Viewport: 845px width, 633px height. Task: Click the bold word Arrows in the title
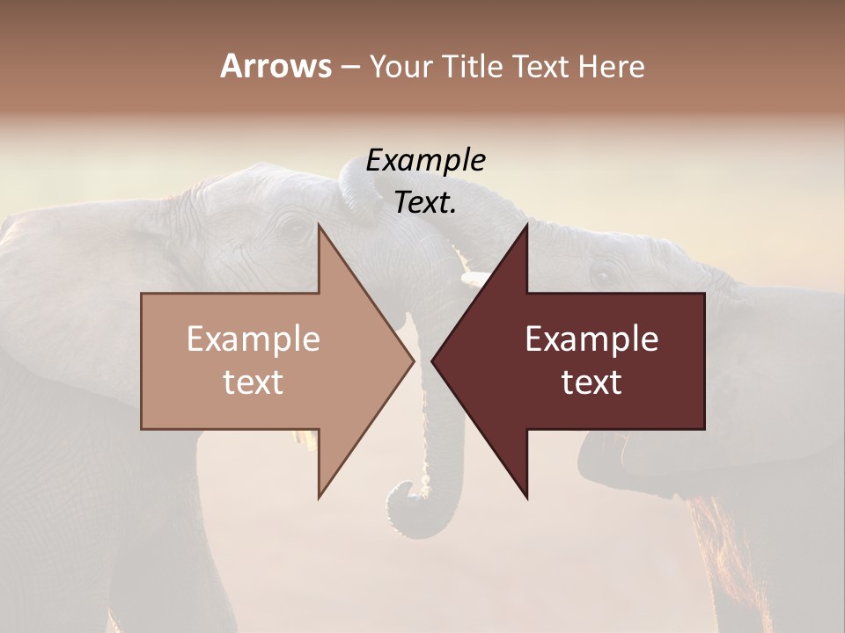(276, 66)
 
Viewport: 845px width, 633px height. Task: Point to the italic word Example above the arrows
(425, 161)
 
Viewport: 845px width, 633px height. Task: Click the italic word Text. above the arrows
(425, 203)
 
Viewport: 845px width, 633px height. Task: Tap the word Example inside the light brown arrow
(253, 339)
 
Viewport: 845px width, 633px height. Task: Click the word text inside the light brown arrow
(253, 382)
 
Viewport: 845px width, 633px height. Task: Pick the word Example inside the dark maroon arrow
(591, 339)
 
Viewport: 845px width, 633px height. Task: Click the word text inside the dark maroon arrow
(591, 382)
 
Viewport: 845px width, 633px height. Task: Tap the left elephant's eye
(293, 230)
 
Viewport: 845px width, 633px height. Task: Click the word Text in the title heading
(542, 66)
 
